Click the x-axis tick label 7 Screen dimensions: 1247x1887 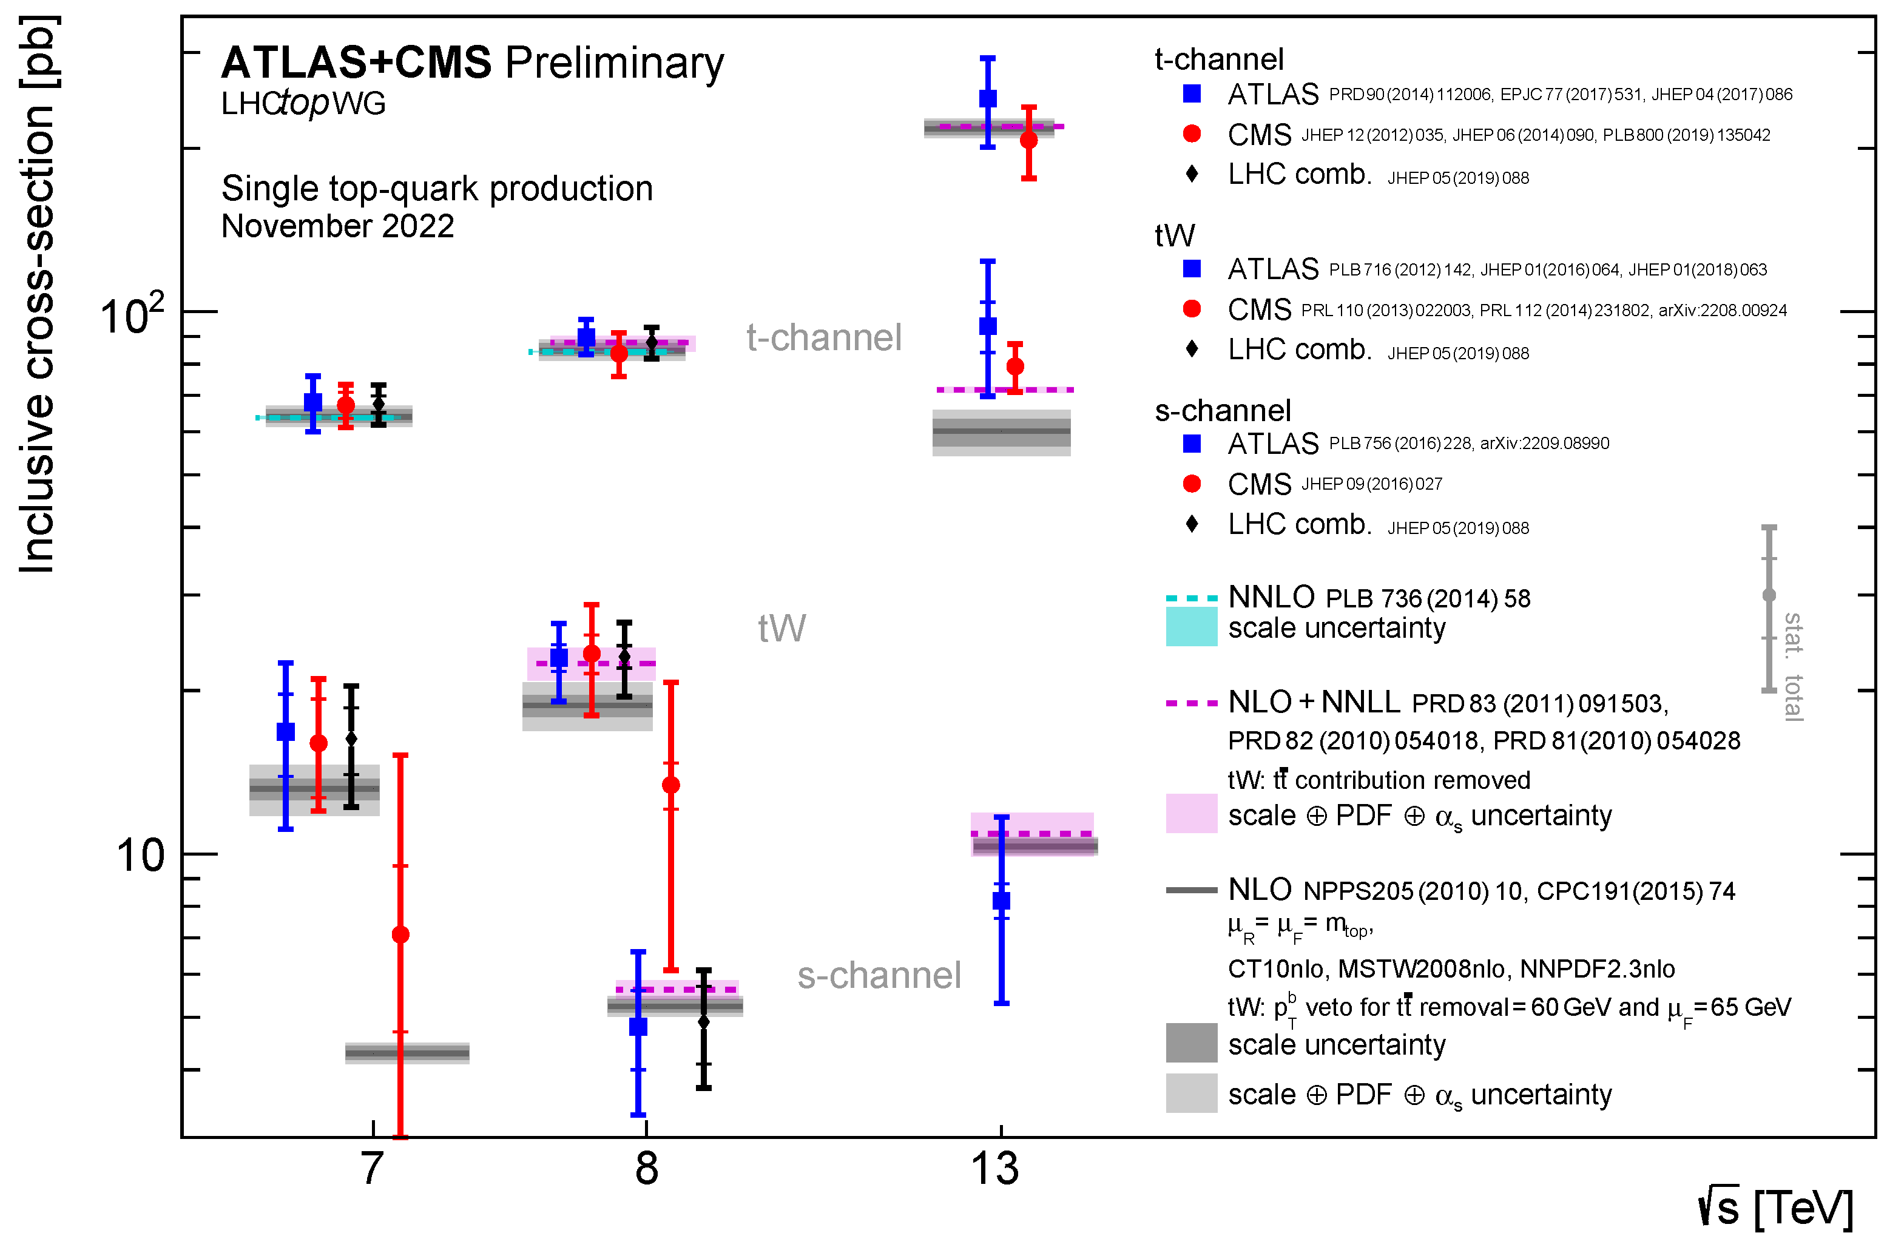click(372, 1169)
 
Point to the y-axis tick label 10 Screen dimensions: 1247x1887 click(140, 857)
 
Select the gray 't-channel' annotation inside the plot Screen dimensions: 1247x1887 click(824, 338)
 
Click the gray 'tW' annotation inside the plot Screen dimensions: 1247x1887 click(781, 628)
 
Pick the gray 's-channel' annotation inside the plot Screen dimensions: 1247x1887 click(879, 976)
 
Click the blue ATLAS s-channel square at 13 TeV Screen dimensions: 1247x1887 click(1001, 901)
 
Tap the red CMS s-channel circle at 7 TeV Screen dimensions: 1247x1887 click(401, 934)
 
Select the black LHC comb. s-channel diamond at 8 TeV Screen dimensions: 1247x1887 click(704, 1022)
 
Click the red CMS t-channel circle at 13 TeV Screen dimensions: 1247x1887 click(1029, 141)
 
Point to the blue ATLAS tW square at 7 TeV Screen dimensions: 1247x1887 click(285, 732)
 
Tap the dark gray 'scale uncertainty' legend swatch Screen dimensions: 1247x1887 click(1191, 1043)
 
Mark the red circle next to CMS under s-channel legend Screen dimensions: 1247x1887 click(1191, 484)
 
